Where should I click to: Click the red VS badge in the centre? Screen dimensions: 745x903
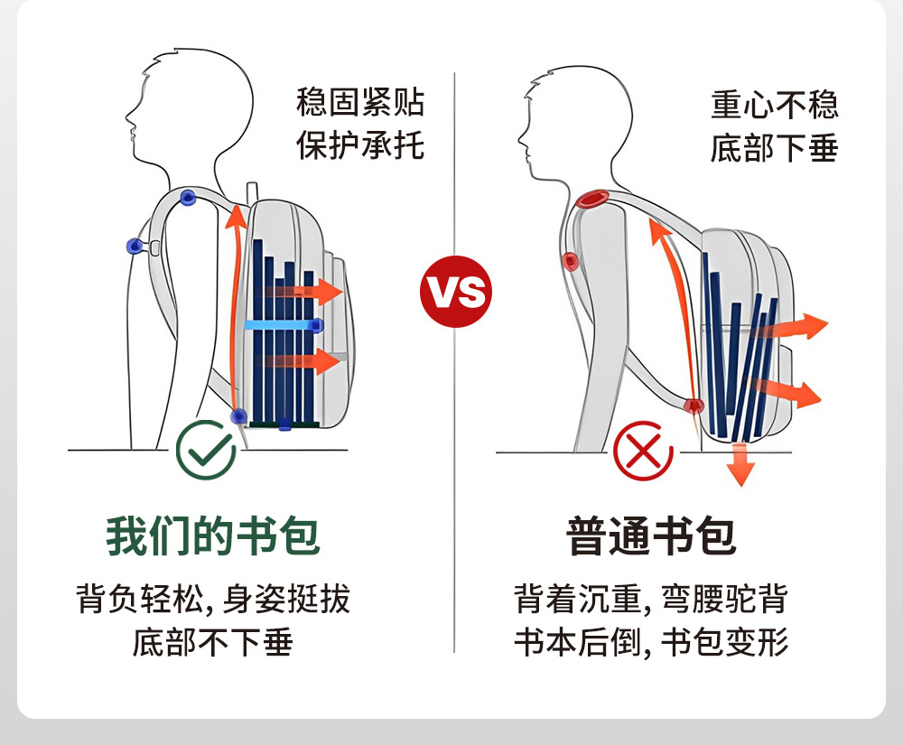coord(456,292)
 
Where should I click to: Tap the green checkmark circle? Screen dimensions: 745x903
coord(206,448)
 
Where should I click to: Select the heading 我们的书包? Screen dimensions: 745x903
coord(213,535)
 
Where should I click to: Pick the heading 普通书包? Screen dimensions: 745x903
coord(651,535)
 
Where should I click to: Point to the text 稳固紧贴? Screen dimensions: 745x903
coord(360,103)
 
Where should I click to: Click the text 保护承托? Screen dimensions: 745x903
coord(360,145)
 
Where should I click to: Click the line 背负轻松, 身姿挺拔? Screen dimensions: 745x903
coord(213,600)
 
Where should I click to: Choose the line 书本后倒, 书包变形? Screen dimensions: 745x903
coord(651,642)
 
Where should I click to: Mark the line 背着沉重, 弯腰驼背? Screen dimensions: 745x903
coord(651,600)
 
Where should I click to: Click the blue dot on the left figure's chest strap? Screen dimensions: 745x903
coord(135,245)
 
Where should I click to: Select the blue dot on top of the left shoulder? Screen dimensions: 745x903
coord(187,197)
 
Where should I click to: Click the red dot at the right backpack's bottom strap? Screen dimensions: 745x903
coord(694,405)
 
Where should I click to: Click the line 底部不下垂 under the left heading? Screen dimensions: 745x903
coord(213,642)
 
